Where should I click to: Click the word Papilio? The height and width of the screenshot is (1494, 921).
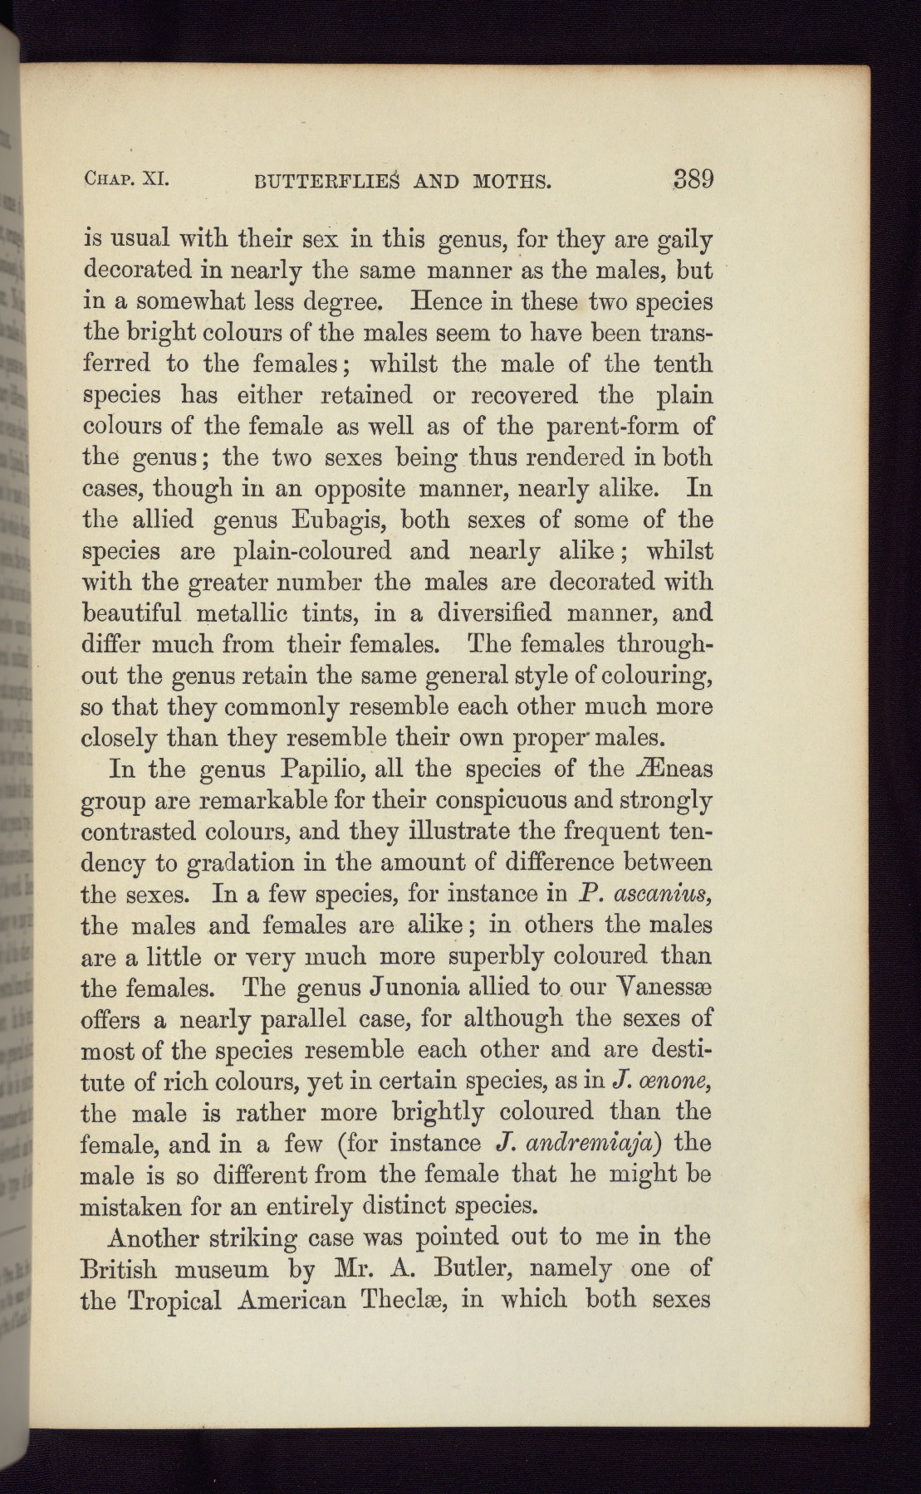323,769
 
